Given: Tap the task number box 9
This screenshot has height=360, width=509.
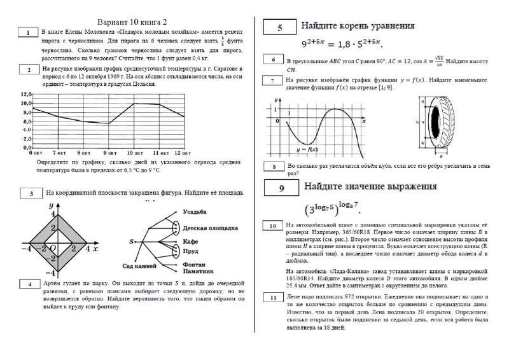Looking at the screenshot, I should tap(281, 188).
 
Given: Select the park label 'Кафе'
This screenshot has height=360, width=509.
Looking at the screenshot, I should tap(191, 242).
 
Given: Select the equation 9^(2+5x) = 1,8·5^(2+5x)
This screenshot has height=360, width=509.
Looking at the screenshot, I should tap(340, 45).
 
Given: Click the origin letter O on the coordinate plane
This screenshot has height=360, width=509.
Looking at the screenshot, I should tap(53, 247).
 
